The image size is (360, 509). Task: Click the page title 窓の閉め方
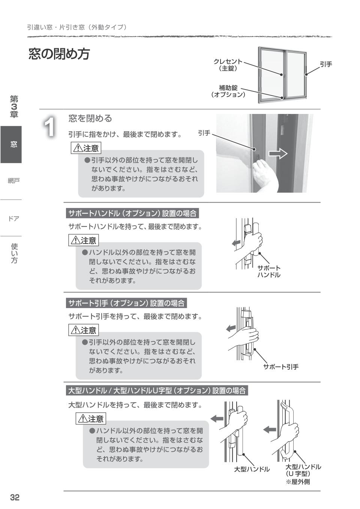coord(59,54)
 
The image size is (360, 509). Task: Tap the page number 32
coord(15,497)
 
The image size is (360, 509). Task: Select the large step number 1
coord(50,127)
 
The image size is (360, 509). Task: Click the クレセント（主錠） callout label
coord(228,65)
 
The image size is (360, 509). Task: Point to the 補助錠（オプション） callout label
coord(228,91)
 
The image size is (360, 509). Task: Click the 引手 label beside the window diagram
coord(325,64)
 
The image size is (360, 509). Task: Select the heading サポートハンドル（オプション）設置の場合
coord(132,214)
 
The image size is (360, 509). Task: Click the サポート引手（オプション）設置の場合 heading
coord(126,303)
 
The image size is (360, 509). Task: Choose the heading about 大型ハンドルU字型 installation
coord(157,391)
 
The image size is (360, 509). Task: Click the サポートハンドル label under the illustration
coord(268,271)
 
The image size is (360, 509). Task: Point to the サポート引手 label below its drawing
coord(280,367)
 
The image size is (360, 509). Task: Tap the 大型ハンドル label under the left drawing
coord(252,469)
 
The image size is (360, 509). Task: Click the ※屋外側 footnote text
coord(298,482)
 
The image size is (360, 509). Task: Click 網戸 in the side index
coord(13,181)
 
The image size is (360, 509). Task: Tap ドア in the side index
coord(13,219)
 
